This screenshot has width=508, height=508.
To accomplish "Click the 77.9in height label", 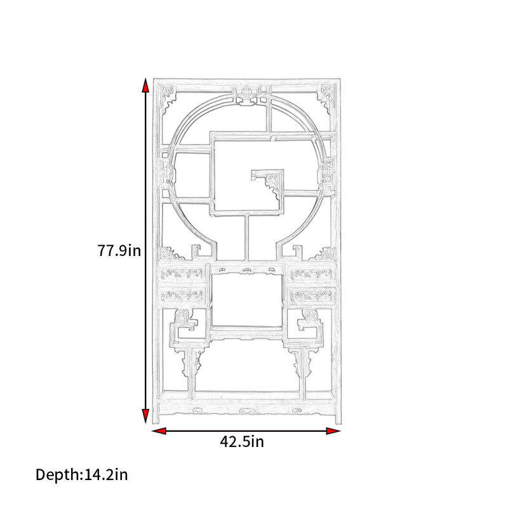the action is (119, 250).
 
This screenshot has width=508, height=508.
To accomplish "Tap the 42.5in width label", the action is (242, 441).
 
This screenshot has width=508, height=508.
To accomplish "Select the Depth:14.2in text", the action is (82, 475).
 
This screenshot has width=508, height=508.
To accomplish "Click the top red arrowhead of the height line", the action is (145, 85).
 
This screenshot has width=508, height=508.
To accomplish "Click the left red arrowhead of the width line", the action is (159, 431).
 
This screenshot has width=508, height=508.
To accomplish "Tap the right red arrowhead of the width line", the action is (333, 431).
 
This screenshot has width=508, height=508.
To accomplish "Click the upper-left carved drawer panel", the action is (182, 274).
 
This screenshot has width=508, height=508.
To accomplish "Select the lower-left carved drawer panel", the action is (182, 295).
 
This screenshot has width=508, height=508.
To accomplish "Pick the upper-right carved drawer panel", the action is (312, 274).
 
